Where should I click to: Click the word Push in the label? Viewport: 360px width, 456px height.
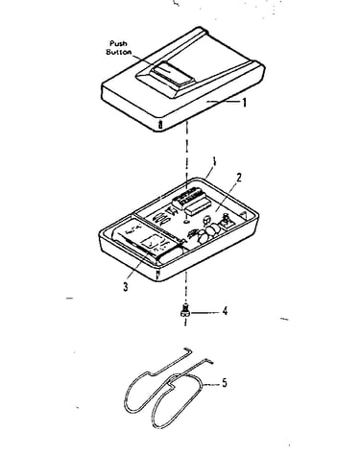(118, 43)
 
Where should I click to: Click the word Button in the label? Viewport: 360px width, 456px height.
(119, 52)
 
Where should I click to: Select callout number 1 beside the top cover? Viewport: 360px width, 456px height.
(245, 103)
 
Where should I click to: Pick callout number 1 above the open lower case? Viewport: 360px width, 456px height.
(214, 161)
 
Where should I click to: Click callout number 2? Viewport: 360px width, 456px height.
(238, 178)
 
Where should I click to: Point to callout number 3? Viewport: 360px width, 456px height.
(126, 286)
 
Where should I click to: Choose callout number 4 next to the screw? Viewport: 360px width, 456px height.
(225, 311)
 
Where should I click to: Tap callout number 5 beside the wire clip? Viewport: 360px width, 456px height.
(225, 383)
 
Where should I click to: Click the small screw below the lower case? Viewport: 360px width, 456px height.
(184, 310)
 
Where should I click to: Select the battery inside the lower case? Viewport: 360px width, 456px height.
(150, 243)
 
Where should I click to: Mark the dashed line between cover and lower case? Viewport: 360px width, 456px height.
(186, 154)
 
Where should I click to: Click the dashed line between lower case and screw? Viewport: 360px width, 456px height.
(185, 288)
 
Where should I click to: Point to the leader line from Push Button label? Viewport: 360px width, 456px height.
(141, 59)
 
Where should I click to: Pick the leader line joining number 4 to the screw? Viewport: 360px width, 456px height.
(204, 311)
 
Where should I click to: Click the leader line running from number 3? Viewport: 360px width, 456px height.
(138, 266)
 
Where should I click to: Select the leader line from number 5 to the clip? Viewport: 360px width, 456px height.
(211, 384)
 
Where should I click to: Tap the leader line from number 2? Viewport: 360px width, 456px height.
(227, 197)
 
